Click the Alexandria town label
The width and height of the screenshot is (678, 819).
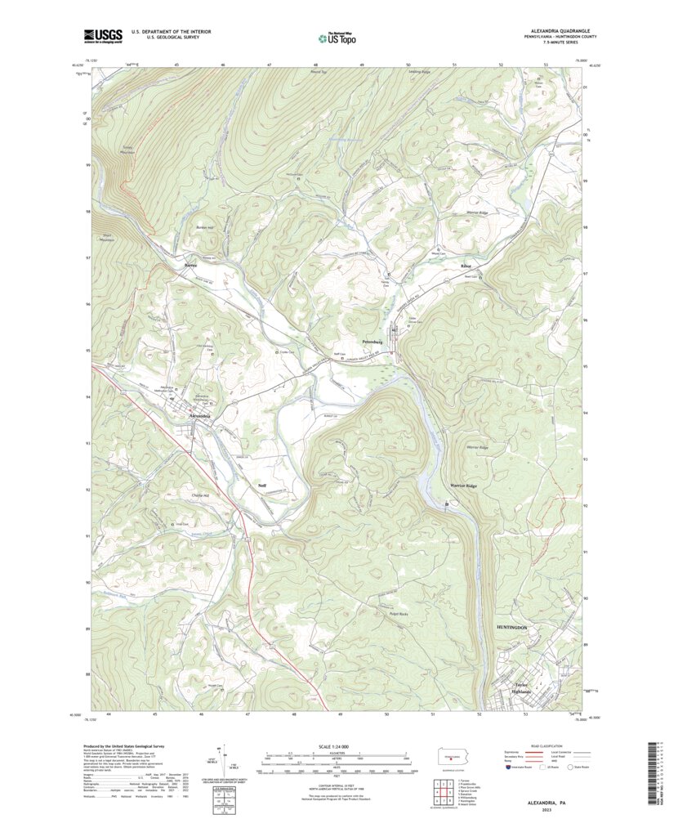[200, 416]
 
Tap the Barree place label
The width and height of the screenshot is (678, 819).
[190, 266]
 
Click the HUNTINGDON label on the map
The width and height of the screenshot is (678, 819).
[512, 627]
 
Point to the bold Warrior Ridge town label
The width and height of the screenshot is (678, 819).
[462, 486]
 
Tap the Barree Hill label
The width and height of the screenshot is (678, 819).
[204, 229]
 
